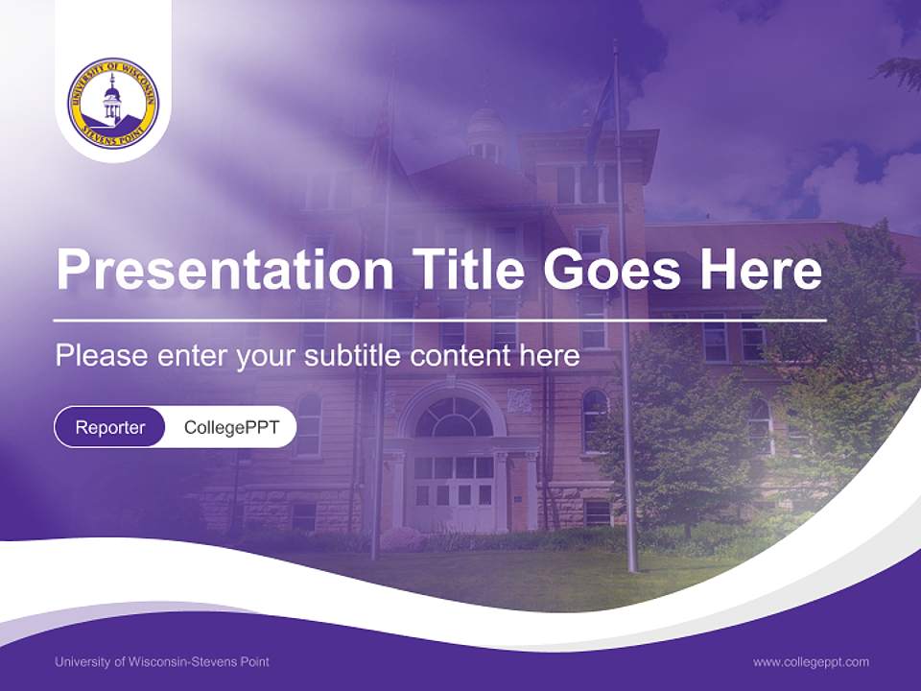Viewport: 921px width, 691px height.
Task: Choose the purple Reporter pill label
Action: coord(110,428)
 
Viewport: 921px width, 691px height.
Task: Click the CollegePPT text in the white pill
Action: coord(231,428)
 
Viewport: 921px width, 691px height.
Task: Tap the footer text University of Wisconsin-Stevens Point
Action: coord(162,662)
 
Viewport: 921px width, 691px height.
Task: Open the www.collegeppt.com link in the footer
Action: coord(811,662)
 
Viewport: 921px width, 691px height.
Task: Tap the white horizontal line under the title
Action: coord(439,320)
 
